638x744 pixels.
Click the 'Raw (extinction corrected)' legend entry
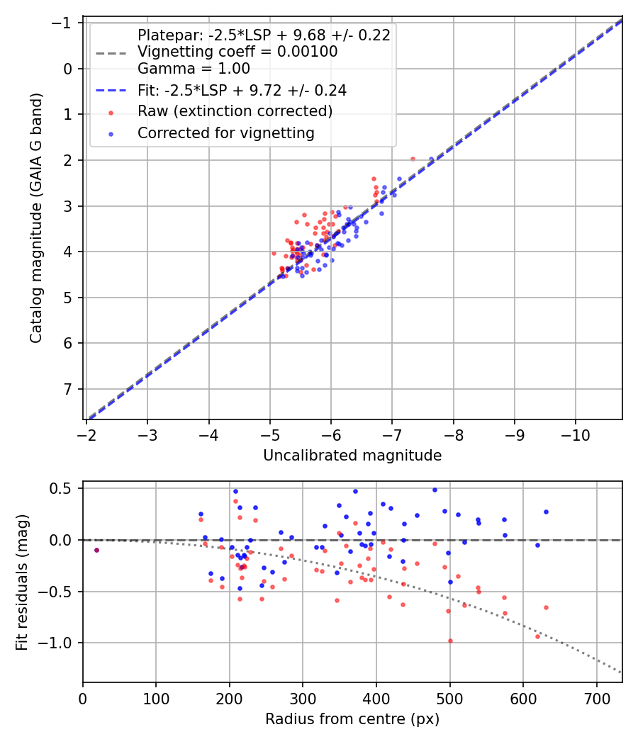click(x=235, y=111)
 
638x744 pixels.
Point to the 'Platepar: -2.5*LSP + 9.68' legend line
click(x=264, y=35)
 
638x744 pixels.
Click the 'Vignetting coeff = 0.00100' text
click(x=237, y=52)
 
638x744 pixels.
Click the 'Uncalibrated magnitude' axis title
click(x=352, y=456)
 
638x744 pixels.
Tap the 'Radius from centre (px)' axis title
click(x=352, y=719)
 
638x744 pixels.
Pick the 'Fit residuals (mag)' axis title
click(x=21, y=582)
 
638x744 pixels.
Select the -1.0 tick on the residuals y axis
click(x=60, y=643)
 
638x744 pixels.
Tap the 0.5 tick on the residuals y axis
click(x=64, y=488)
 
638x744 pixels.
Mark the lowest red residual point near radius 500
click(x=450, y=641)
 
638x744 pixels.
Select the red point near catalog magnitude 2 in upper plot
click(x=413, y=159)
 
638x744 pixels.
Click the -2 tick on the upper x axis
click(x=86, y=431)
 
